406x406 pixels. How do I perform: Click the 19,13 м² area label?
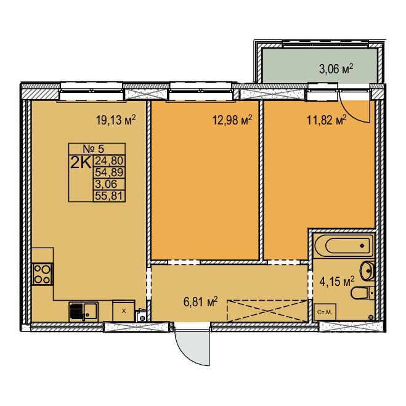click(x=116, y=120)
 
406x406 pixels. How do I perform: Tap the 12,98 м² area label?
click(x=232, y=120)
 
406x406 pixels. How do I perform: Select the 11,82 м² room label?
click(x=327, y=120)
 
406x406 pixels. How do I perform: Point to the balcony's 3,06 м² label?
click(x=336, y=69)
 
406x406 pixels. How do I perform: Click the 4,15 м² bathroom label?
click(x=337, y=281)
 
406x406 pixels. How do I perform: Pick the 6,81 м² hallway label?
click(x=200, y=302)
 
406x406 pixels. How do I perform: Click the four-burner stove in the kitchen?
click(x=43, y=274)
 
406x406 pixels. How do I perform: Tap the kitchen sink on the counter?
click(x=83, y=312)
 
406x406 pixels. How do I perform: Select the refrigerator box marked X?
click(x=123, y=311)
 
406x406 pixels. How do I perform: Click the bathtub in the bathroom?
click(x=344, y=245)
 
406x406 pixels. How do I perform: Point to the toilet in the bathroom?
click(x=362, y=293)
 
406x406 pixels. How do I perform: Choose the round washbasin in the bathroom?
click(x=367, y=270)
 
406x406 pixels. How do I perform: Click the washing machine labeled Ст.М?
click(x=325, y=312)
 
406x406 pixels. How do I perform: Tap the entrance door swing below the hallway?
click(x=192, y=346)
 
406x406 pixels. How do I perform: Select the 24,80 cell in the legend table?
click(x=109, y=161)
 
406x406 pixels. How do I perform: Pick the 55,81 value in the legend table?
click(x=109, y=196)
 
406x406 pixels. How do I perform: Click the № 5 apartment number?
click(x=94, y=149)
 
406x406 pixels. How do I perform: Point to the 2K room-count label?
click(x=81, y=163)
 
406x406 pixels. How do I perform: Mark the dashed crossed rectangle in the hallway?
click(x=267, y=311)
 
